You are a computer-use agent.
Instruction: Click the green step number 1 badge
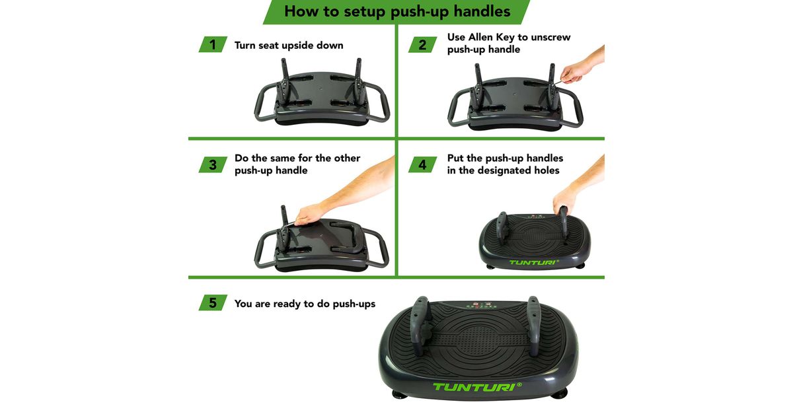pyautogui.click(x=213, y=45)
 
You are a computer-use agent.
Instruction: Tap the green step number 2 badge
pyautogui.click(x=422, y=45)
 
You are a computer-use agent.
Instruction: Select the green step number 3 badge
pyautogui.click(x=213, y=164)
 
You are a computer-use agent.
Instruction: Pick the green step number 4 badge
pyautogui.click(x=422, y=164)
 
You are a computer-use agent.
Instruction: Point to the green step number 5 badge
pyautogui.click(x=213, y=303)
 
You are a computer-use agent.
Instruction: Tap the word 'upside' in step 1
pyautogui.click(x=297, y=46)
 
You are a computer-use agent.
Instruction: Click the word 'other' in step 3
pyautogui.click(x=348, y=158)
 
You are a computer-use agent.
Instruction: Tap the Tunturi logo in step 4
pyautogui.click(x=534, y=263)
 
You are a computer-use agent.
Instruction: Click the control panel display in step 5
pyautogui.click(x=480, y=305)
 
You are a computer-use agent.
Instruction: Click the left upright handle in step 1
pyautogui.click(x=285, y=82)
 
